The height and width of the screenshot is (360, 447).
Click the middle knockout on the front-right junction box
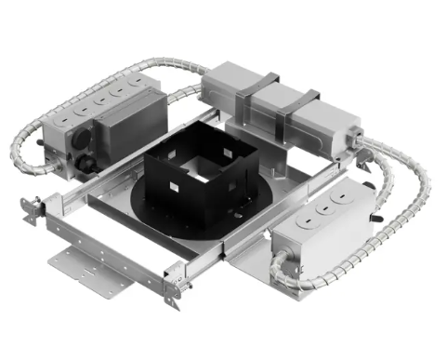pos(320,209)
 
